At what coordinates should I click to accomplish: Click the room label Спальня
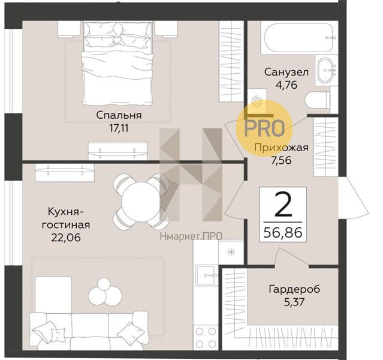(x=119, y=115)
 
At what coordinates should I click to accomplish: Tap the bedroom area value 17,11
(x=119, y=128)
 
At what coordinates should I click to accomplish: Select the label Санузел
(x=287, y=72)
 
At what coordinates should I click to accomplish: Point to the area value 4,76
(x=287, y=85)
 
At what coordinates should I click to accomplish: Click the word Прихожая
(x=281, y=148)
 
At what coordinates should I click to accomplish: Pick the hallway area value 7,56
(x=281, y=160)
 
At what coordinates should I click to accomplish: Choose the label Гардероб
(x=294, y=289)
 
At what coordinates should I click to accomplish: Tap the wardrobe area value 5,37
(x=294, y=302)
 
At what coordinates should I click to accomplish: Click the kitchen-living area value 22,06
(x=66, y=238)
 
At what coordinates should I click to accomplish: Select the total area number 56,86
(x=283, y=232)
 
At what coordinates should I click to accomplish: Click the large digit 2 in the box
(x=284, y=205)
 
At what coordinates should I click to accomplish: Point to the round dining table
(x=140, y=202)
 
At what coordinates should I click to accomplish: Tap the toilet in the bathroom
(x=317, y=100)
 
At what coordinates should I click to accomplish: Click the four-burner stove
(x=206, y=338)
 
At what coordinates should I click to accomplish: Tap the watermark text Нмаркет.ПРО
(x=191, y=236)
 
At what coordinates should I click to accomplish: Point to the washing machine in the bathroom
(x=257, y=102)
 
